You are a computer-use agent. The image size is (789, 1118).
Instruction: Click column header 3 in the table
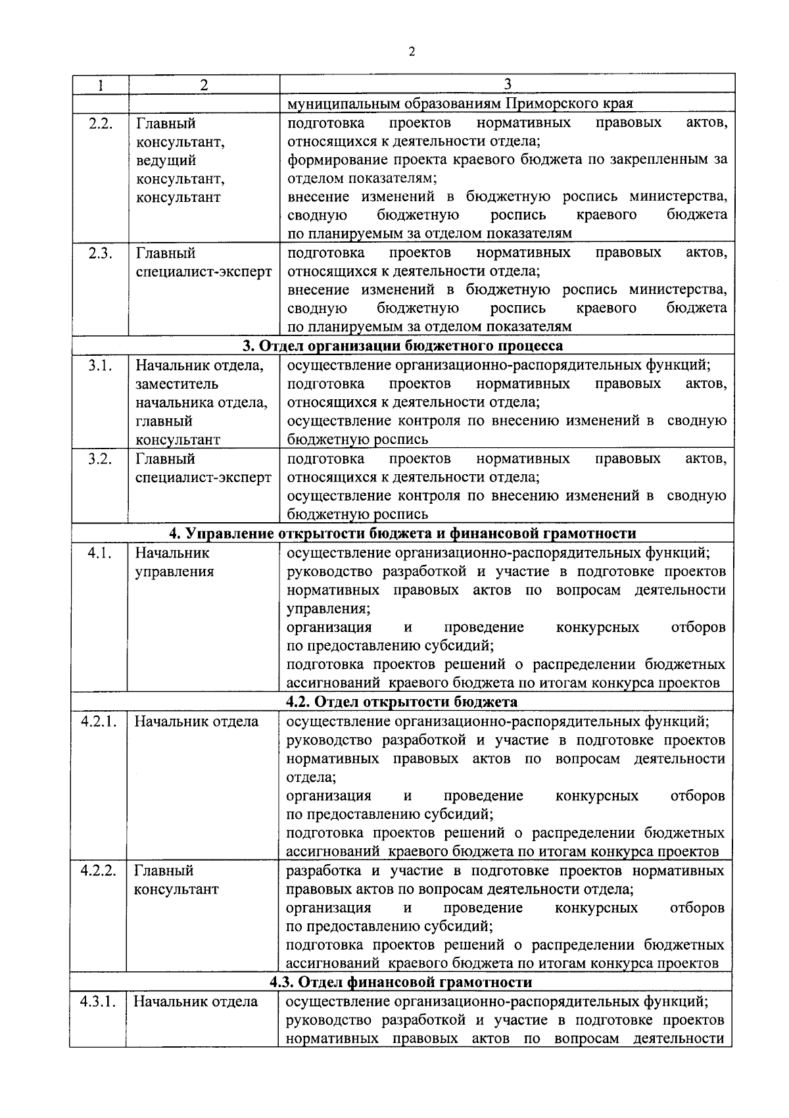[x=507, y=84]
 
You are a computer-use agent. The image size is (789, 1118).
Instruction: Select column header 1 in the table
[x=100, y=84]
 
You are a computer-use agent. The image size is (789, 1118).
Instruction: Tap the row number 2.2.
[x=100, y=123]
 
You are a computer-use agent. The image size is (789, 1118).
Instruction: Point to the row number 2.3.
[x=100, y=253]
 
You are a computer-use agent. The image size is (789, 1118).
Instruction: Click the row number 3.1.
[x=100, y=365]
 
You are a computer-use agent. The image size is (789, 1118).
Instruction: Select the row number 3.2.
[x=100, y=458]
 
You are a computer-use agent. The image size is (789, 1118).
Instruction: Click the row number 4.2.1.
[x=99, y=721]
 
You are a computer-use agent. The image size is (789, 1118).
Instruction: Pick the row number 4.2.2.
[x=99, y=871]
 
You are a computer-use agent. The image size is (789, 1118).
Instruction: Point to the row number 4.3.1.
[x=99, y=1002]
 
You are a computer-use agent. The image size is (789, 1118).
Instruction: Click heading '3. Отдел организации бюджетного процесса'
[x=402, y=346]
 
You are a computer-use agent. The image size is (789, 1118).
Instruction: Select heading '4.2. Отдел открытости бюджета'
[x=401, y=702]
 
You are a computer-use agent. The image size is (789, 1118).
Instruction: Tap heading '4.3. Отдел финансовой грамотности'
[x=401, y=983]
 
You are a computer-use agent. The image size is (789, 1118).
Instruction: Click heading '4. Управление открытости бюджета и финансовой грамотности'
[x=402, y=533]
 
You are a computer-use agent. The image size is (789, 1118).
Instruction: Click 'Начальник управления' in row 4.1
[x=174, y=562]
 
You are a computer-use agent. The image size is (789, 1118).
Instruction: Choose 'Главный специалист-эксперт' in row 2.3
[x=203, y=262]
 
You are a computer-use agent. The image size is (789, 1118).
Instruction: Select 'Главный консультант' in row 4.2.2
[x=176, y=880]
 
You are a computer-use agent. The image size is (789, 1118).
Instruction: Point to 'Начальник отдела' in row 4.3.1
[x=196, y=1002]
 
